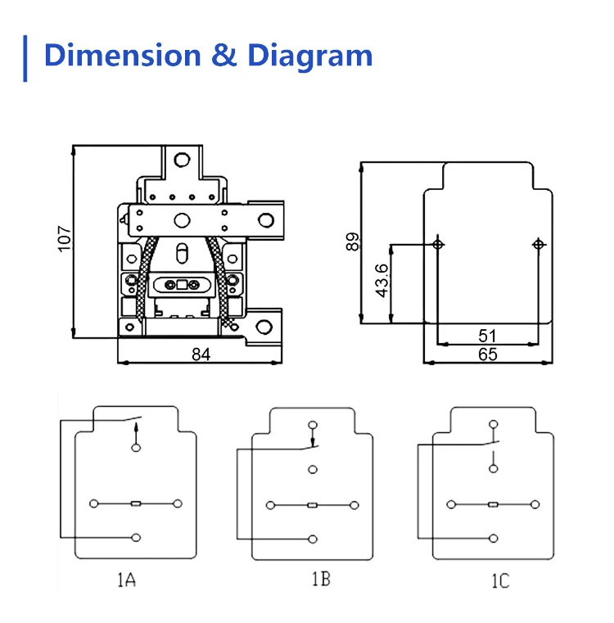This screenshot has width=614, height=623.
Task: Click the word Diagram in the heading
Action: [310, 56]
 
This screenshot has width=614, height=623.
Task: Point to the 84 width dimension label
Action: [201, 354]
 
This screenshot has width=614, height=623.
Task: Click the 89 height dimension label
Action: [353, 242]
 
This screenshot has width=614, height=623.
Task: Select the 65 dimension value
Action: [487, 354]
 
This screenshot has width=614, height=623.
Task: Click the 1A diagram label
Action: [124, 580]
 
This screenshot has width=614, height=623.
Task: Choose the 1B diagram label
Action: [320, 580]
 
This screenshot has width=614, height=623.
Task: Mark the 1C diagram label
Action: [499, 581]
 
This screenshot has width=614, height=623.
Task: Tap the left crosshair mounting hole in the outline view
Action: [439, 244]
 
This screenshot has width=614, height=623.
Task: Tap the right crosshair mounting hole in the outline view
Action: [538, 244]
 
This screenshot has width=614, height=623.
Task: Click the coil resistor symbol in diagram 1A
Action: [136, 502]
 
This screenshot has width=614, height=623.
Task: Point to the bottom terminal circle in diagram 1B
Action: [313, 539]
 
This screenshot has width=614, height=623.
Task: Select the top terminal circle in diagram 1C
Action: [493, 424]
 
